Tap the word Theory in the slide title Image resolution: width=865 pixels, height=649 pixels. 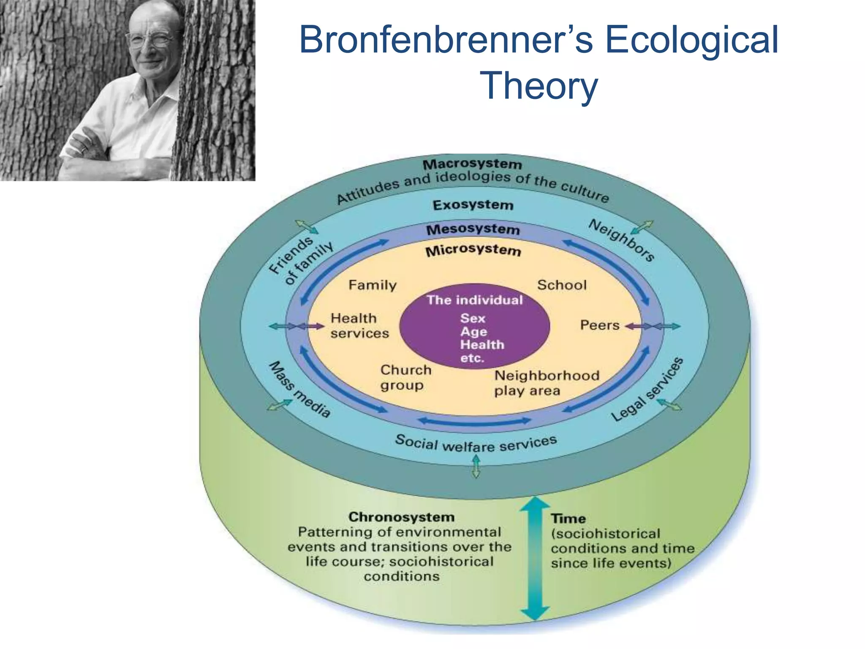539,85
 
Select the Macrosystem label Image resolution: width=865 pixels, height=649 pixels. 472,164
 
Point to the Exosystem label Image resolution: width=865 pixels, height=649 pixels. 473,205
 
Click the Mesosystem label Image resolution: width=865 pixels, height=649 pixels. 473,229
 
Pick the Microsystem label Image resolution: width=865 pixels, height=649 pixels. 473,250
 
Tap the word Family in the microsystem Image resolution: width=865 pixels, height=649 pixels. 373,285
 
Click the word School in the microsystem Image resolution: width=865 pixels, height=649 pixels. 562,285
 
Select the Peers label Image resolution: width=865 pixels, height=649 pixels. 600,325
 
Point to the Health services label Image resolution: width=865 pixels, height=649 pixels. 359,326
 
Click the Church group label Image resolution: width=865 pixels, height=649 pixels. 405,377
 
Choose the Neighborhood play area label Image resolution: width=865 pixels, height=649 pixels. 547,383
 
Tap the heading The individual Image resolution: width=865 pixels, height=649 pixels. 474,300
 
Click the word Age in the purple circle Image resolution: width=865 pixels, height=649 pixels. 473,332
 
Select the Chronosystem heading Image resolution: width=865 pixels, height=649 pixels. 401,517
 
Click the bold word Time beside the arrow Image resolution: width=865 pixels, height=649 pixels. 568,519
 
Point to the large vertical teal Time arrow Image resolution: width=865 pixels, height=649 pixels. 535,558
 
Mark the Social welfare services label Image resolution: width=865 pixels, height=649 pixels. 476,444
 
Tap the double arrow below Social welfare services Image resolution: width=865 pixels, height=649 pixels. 476,466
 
